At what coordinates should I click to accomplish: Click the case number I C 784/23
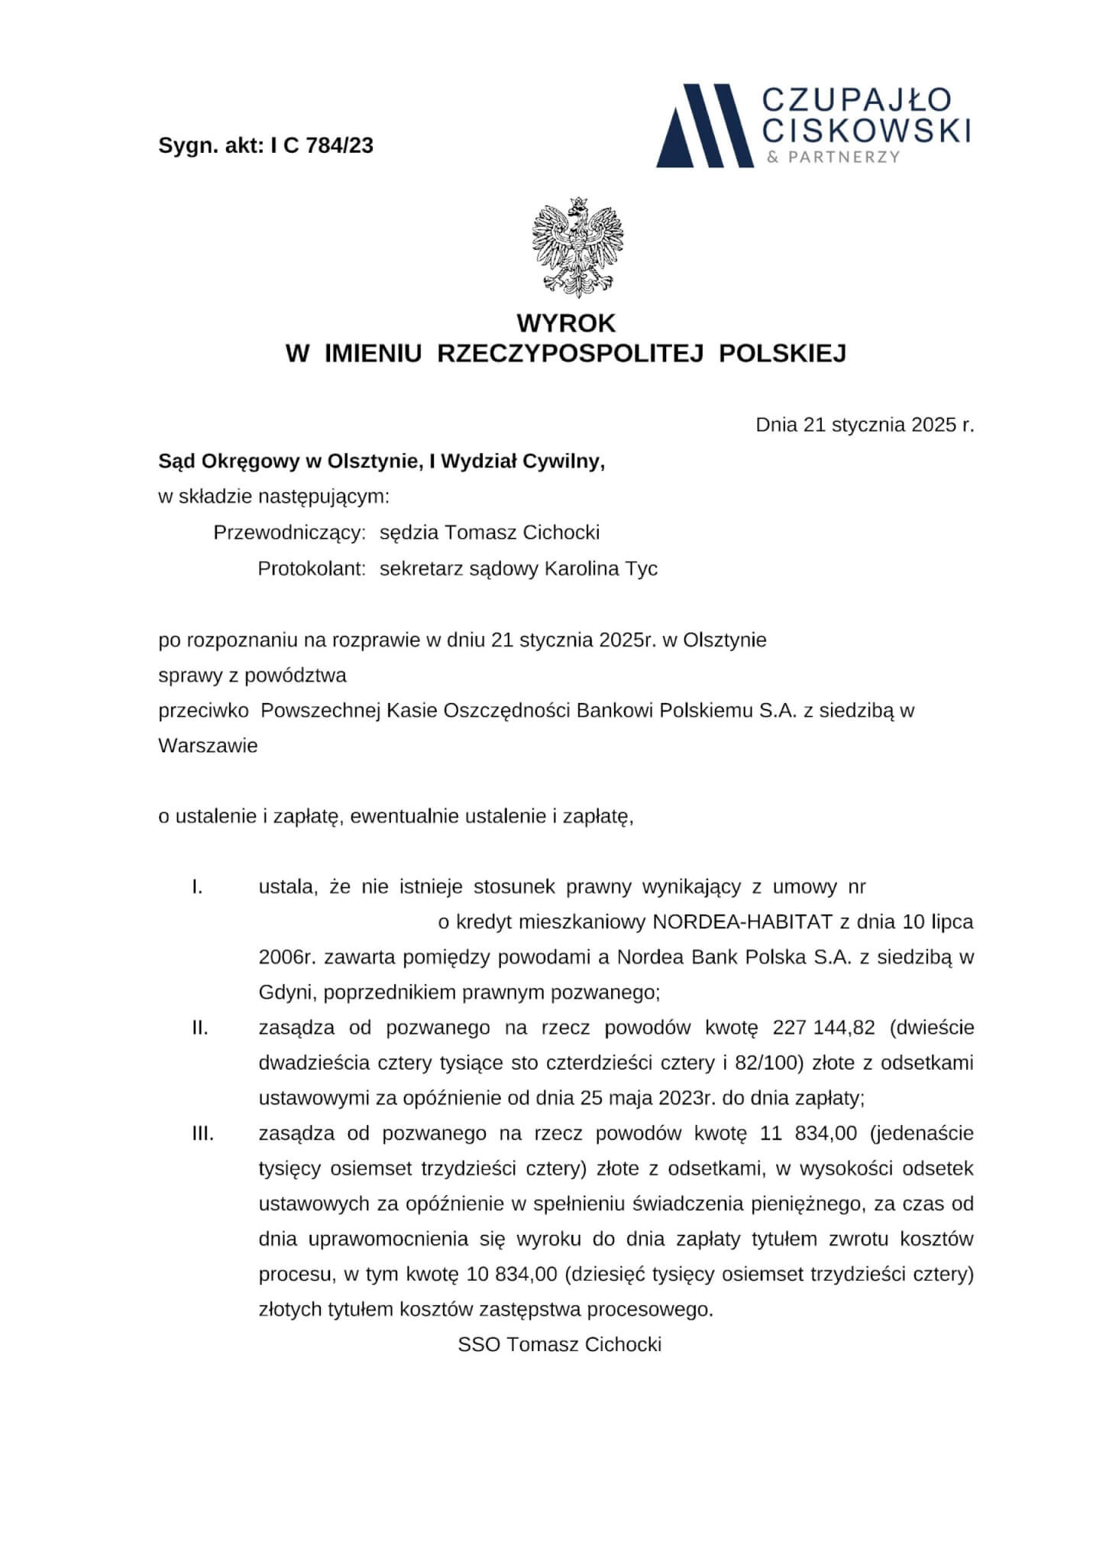click(x=322, y=145)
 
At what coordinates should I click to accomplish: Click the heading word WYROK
click(x=565, y=323)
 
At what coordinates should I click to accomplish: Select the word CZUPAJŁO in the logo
click(x=857, y=99)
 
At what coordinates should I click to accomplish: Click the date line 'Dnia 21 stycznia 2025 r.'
click(x=865, y=425)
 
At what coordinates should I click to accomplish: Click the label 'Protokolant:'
click(x=312, y=569)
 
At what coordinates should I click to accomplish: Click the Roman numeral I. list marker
click(x=197, y=887)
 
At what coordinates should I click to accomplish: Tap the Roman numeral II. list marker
click(x=200, y=1028)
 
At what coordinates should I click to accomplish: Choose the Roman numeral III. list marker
click(x=202, y=1133)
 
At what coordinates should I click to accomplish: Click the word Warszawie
click(x=208, y=746)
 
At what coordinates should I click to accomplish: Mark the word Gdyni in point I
click(x=286, y=993)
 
